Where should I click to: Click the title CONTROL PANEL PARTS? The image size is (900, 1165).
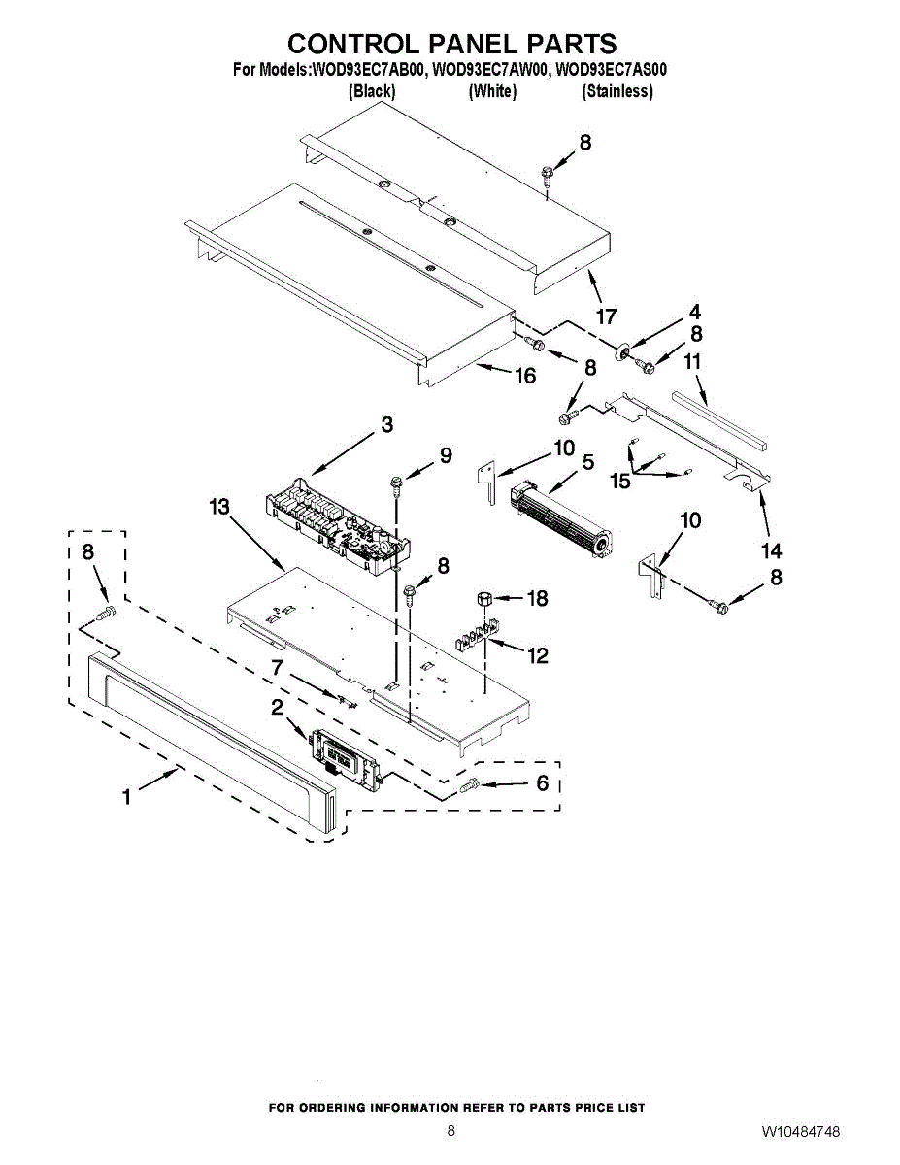point(451,44)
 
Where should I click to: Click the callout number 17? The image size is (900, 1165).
point(607,316)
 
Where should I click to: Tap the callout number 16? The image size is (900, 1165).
point(525,376)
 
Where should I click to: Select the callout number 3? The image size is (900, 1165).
point(386,424)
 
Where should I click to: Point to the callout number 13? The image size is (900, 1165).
point(219,507)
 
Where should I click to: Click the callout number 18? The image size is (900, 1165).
point(537,598)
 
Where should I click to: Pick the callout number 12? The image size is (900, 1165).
point(537,656)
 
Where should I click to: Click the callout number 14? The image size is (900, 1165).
point(771,550)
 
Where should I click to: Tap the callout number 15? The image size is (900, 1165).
point(620,480)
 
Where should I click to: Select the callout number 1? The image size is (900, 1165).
point(126,797)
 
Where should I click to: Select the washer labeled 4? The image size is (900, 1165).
point(619,349)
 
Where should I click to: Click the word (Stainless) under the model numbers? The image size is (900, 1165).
point(617,92)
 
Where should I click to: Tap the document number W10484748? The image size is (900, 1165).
point(801,1132)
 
